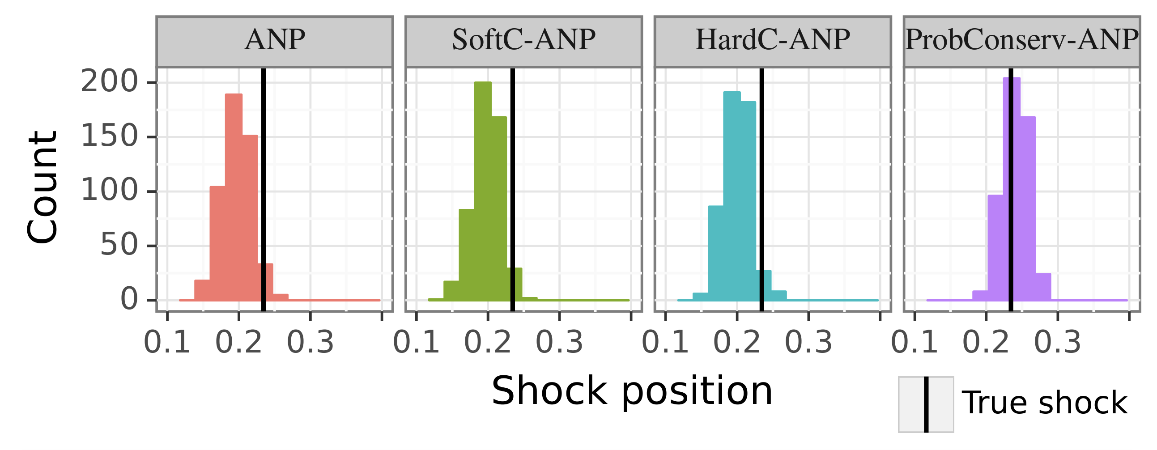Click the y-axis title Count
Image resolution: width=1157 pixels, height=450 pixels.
coord(42,188)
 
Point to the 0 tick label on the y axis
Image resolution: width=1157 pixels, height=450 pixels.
coord(129,300)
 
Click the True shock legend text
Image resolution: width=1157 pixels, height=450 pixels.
coord(1044,403)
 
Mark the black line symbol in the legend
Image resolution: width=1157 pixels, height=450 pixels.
coord(926,405)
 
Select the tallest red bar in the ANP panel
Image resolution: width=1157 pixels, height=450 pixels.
coord(234,198)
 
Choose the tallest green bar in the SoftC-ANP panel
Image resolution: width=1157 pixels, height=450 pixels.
coord(483,191)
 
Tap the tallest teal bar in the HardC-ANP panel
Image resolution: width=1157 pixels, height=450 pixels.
coord(732,195)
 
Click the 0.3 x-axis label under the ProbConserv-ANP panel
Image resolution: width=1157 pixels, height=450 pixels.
coord(1058,343)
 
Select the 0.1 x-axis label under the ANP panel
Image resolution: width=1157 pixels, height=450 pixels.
coord(167,343)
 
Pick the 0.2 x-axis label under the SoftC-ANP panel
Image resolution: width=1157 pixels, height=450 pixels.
coord(488,343)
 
